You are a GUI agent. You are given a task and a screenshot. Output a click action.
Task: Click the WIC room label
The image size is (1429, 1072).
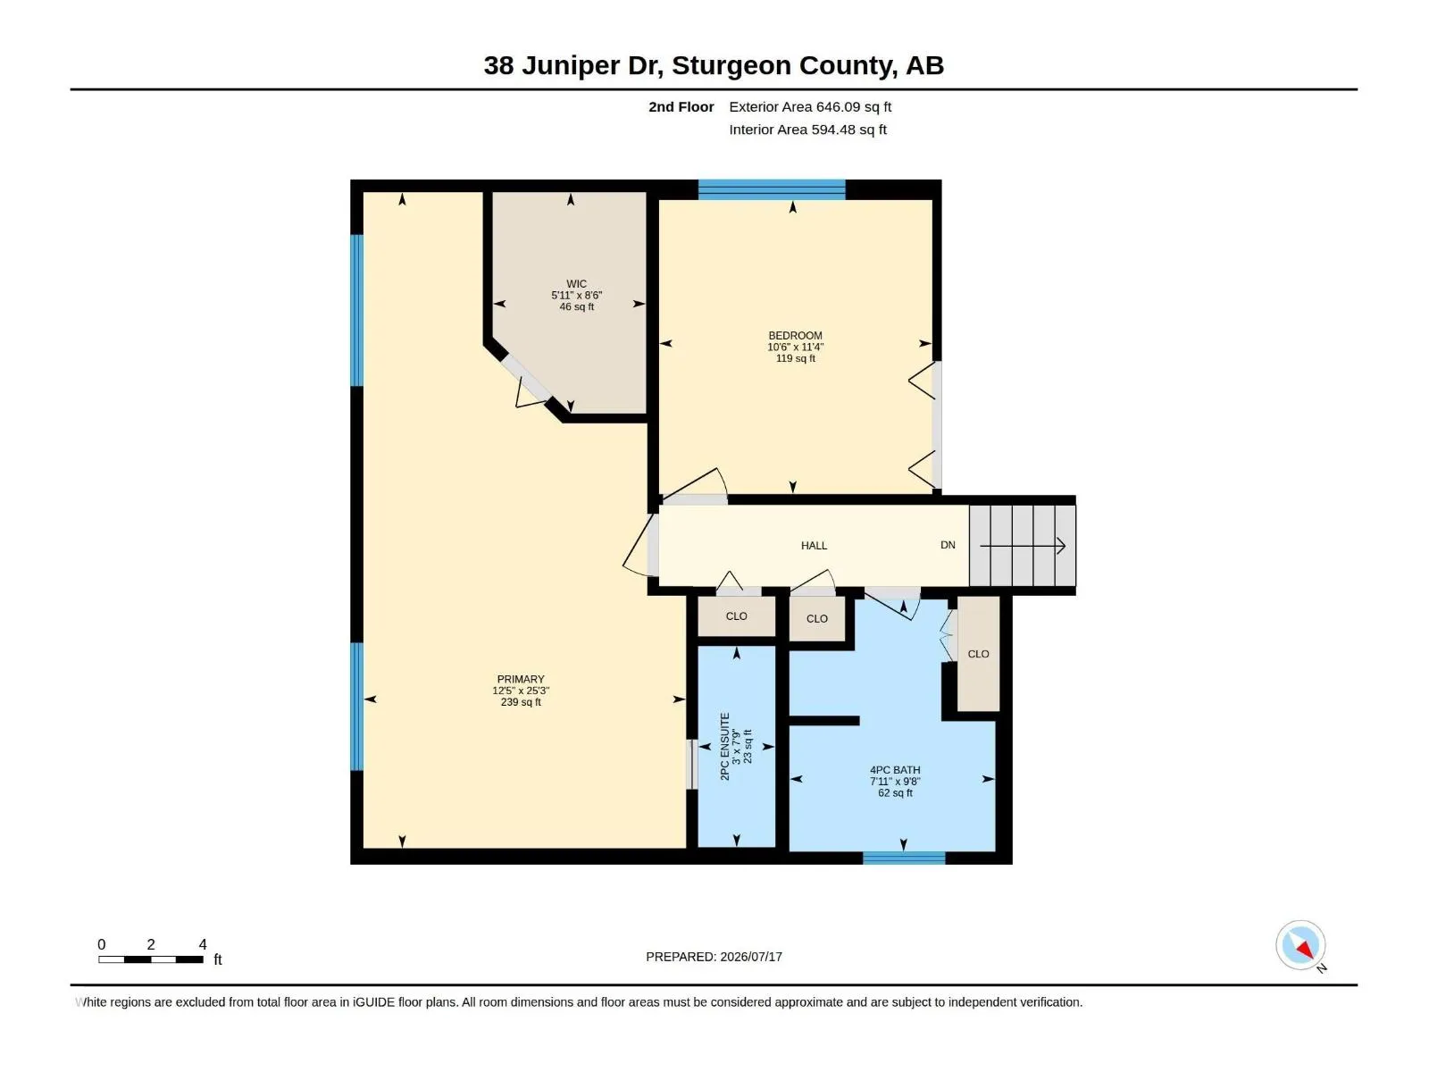coord(576,284)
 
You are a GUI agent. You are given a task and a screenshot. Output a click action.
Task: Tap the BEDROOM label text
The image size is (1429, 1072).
coord(795,336)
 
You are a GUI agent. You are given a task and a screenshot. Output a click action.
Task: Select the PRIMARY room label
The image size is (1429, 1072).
coord(520,679)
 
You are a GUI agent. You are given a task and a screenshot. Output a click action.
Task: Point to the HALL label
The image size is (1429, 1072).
coord(814,546)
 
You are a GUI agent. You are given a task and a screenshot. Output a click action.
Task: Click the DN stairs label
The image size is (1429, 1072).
coord(948,545)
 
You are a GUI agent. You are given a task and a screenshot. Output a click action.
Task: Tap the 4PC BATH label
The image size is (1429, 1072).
coord(895,770)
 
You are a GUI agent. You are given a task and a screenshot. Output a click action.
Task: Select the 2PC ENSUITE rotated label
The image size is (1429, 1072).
coord(724,747)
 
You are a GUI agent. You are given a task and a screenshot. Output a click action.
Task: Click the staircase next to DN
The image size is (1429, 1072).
coord(1022,546)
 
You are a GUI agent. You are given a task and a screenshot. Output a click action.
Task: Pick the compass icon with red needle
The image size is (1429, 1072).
coord(1300,945)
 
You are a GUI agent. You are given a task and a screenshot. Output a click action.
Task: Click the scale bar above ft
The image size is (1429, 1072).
coord(150,959)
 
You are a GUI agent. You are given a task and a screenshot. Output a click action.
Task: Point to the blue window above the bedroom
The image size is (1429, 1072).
coord(772,189)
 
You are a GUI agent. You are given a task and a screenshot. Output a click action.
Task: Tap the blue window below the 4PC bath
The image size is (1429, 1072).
coord(904,858)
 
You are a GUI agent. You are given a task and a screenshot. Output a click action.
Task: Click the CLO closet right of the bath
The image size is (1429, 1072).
coord(979,654)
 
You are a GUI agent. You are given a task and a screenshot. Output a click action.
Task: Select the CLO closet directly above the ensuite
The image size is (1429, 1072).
coord(736,616)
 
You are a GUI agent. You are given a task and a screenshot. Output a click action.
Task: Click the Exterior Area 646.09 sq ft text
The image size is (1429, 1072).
coord(810,106)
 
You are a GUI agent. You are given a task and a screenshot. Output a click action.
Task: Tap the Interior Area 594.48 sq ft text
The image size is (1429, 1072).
coord(807,130)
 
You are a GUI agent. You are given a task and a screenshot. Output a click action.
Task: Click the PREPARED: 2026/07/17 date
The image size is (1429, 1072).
coord(714,957)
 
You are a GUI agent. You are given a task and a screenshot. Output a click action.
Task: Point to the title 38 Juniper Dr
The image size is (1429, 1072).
coord(573,66)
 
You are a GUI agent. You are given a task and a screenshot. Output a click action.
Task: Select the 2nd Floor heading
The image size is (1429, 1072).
coord(681,106)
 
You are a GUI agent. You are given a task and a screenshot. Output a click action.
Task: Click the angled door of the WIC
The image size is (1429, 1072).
coord(526,379)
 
